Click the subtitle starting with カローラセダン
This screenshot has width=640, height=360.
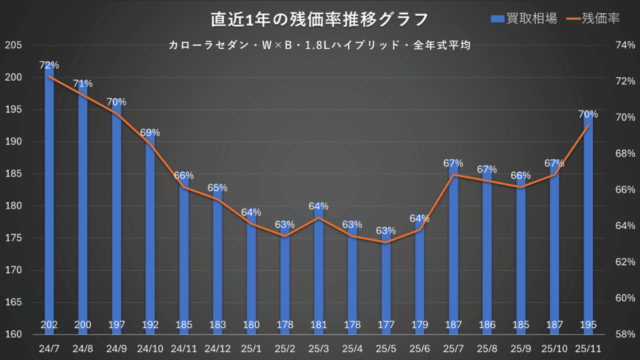[319, 45]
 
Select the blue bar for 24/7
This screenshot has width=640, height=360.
[49, 200]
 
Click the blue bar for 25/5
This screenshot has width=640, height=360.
[386, 281]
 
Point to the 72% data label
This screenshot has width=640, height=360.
[49, 65]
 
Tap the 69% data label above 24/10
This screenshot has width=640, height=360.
[150, 132]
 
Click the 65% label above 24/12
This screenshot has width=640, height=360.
[217, 187]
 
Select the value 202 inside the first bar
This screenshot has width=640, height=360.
[49, 324]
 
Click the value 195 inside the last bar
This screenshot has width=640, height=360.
[588, 324]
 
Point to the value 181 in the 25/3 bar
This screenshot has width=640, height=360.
[319, 324]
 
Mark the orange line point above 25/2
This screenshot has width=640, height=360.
[285, 236]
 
